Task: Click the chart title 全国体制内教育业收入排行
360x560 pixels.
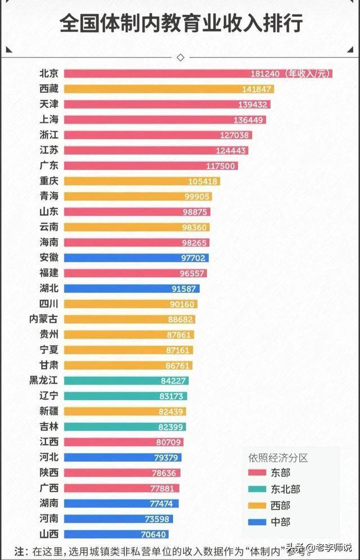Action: tap(181, 24)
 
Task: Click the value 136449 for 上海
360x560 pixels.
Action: tap(248, 120)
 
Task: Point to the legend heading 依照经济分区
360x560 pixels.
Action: tap(278, 458)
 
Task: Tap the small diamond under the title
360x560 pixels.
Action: tap(181, 57)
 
